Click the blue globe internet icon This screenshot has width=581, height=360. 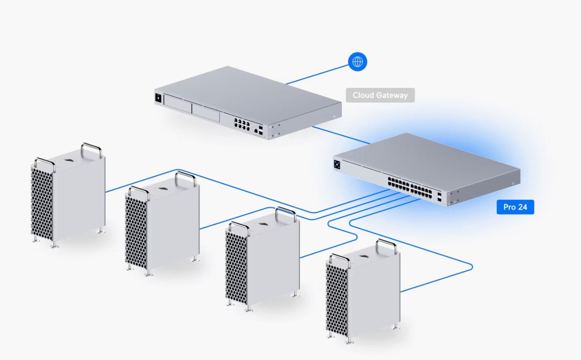[x=357, y=62]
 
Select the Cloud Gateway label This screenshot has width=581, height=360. [x=380, y=95]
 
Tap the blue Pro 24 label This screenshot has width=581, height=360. [x=515, y=207]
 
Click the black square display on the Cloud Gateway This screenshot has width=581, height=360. [x=158, y=98]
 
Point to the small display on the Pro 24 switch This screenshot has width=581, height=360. [x=337, y=165]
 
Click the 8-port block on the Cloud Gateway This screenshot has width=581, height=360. [x=242, y=124]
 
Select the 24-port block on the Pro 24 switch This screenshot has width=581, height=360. [x=410, y=188]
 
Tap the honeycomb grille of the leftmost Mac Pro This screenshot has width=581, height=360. [x=42, y=204]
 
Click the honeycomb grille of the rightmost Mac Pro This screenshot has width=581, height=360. [x=337, y=300]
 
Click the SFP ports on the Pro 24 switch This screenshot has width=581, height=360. [x=439, y=197]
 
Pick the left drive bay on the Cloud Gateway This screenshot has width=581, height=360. [x=178, y=104]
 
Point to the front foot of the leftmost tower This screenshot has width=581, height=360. [x=54, y=245]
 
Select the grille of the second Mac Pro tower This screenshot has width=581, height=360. [x=136, y=232]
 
